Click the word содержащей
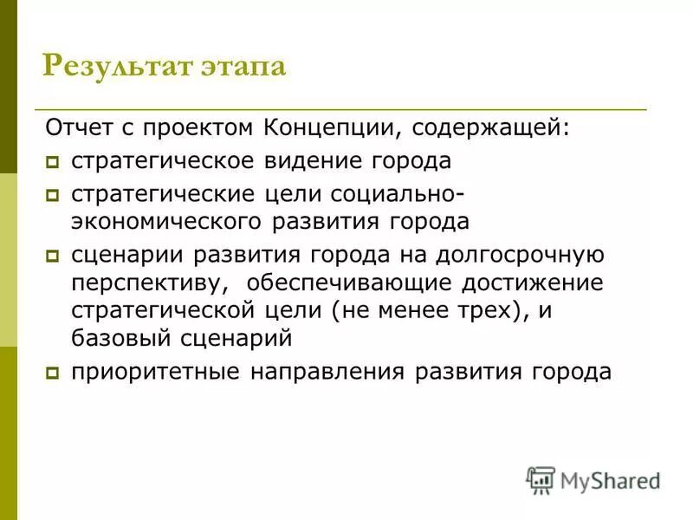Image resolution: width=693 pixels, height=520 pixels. click(x=492, y=129)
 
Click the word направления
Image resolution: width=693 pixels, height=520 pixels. click(x=327, y=372)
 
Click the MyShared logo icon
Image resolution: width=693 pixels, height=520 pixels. click(x=541, y=479)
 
